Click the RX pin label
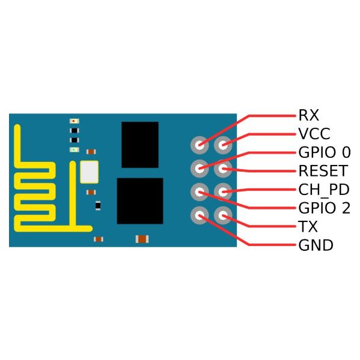pyautogui.click(x=308, y=115)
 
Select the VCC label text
pyautogui.click(x=314, y=134)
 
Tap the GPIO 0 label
pyautogui.click(x=325, y=152)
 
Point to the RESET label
pyautogui.click(x=323, y=171)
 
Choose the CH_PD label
pyautogui.click(x=324, y=190)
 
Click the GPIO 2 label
pyautogui.click(x=324, y=208)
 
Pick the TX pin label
pyautogui.click(x=308, y=227)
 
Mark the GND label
pyautogui.click(x=316, y=245)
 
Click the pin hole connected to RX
pyautogui.click(x=200, y=145)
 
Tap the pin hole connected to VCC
pyautogui.click(x=223, y=145)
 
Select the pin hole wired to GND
pyautogui.click(x=200, y=215)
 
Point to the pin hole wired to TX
pyautogui.click(x=223, y=215)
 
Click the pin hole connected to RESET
pyautogui.click(x=223, y=169)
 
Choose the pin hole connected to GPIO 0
pyautogui.click(x=200, y=169)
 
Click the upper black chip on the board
pyautogui.click(x=140, y=145)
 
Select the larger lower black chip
pyautogui.click(x=140, y=201)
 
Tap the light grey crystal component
pyautogui.click(x=89, y=172)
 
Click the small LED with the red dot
pyautogui.click(x=74, y=121)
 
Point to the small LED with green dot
pyautogui.click(x=74, y=149)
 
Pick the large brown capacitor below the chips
pyautogui.click(x=142, y=239)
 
